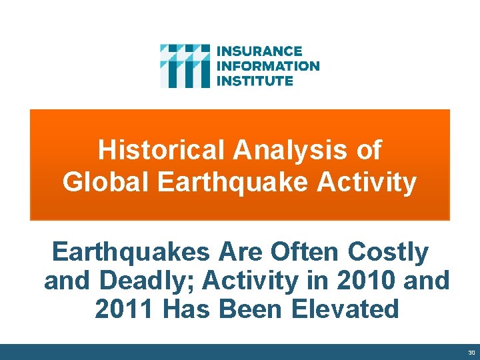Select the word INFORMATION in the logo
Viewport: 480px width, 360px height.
(269, 66)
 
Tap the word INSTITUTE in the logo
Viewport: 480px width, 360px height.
(255, 81)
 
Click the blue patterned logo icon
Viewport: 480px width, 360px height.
(185, 66)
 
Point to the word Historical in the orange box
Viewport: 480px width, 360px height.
(163, 151)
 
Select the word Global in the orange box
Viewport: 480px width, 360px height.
(106, 181)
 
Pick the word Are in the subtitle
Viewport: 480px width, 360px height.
(238, 253)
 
